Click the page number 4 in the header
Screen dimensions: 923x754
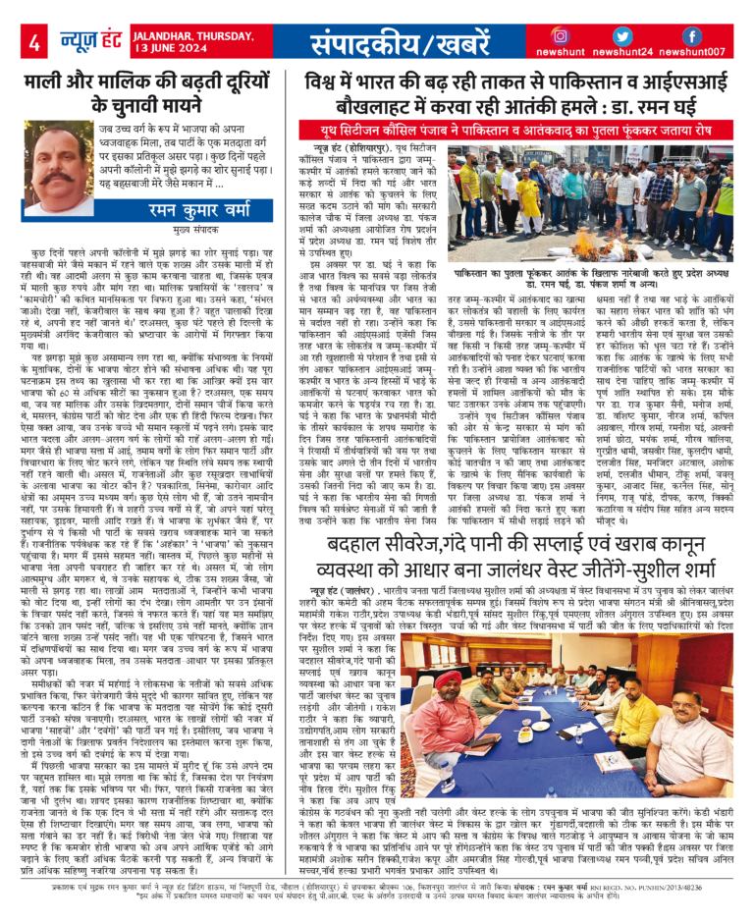click(x=34, y=42)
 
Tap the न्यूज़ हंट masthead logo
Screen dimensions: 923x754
click(x=93, y=40)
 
